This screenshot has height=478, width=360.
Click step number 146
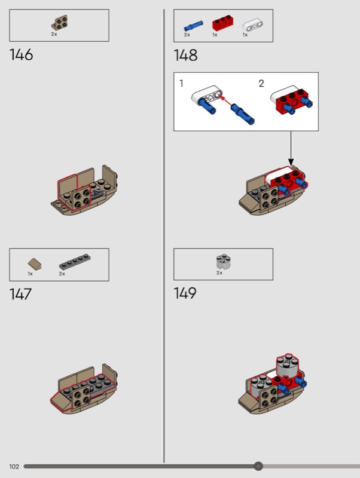[x=21, y=55]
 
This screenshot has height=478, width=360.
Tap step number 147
[x=20, y=294]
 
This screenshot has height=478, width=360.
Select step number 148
[x=185, y=56]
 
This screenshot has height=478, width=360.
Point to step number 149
[x=185, y=293]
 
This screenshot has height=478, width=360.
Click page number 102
[x=14, y=467]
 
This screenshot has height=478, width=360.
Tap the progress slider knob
[x=258, y=466]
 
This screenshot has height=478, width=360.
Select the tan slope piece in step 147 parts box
[x=35, y=264]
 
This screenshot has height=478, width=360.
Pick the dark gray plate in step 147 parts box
[x=75, y=262]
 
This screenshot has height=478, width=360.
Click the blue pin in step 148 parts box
[x=193, y=26]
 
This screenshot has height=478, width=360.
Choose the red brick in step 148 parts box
[x=223, y=22]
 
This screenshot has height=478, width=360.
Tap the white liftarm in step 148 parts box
[x=253, y=25]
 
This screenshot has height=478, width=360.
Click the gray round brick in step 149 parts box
[x=223, y=262]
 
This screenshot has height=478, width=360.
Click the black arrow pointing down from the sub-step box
[x=291, y=149]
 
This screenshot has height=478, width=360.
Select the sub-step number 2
[x=261, y=84]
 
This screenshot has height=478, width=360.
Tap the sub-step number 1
[x=182, y=83]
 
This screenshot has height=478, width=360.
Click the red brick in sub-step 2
[x=290, y=102]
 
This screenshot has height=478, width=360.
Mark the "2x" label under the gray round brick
[x=219, y=273]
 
